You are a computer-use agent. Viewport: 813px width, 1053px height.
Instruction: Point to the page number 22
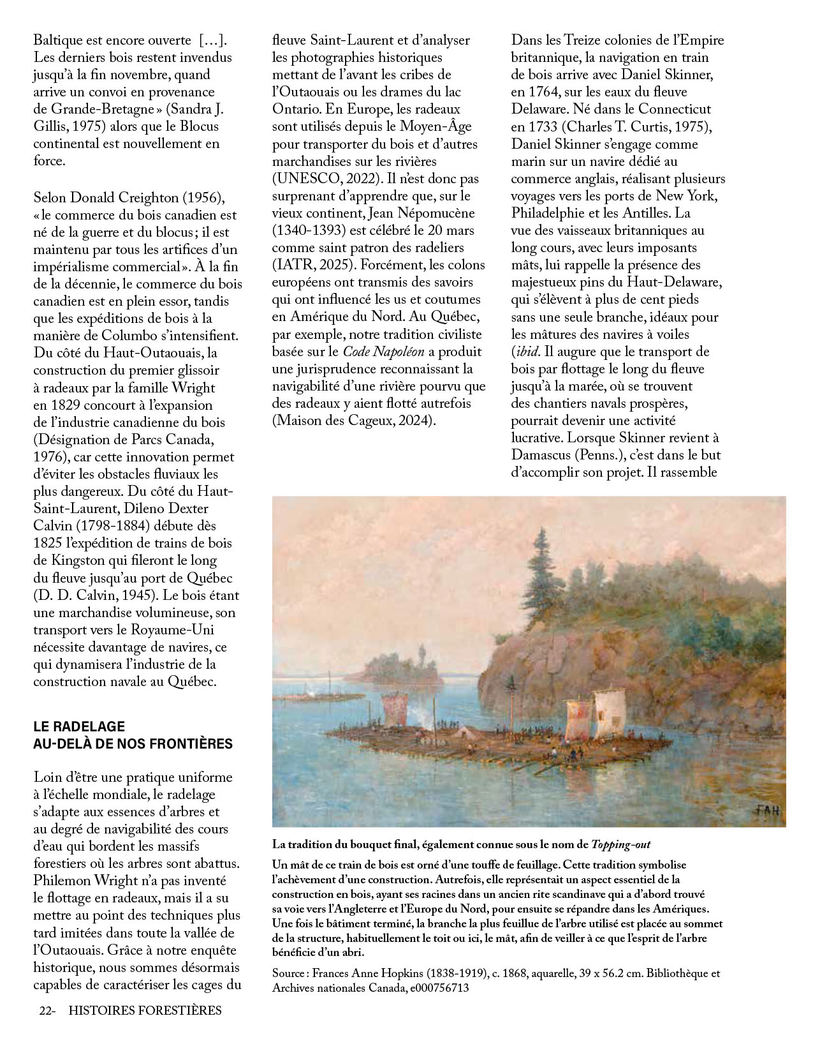pos(45,1010)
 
